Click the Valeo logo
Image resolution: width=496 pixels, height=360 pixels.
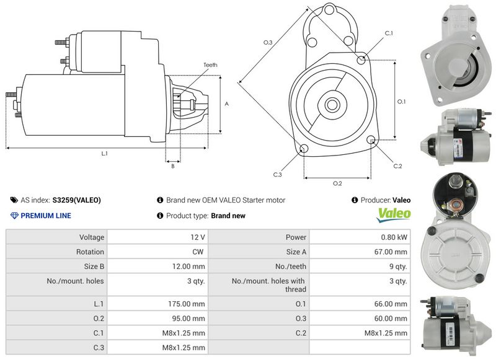click(394, 214)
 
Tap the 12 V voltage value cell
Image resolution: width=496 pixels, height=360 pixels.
click(198, 237)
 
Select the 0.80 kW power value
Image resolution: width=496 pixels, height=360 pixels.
click(394, 237)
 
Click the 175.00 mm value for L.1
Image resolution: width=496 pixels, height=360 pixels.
click(190, 304)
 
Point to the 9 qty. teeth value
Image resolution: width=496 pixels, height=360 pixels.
click(397, 267)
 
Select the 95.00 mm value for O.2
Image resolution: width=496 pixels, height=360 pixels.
click(190, 318)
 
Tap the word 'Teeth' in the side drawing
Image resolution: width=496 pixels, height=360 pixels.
click(210, 65)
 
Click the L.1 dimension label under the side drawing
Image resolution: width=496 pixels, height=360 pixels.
click(104, 153)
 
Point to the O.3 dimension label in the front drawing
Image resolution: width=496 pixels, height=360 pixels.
click(268, 42)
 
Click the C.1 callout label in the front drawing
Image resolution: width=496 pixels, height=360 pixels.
click(389, 32)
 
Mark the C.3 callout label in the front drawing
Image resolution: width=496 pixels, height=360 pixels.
click(277, 175)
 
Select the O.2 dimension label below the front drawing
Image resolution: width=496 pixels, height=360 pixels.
click(337, 183)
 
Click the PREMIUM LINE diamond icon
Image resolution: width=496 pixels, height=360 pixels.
click(15, 216)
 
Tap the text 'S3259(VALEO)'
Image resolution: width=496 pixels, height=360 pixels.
click(77, 200)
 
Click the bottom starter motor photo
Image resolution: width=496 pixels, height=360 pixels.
click(453, 325)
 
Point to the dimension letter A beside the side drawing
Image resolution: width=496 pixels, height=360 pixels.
click(227, 103)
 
